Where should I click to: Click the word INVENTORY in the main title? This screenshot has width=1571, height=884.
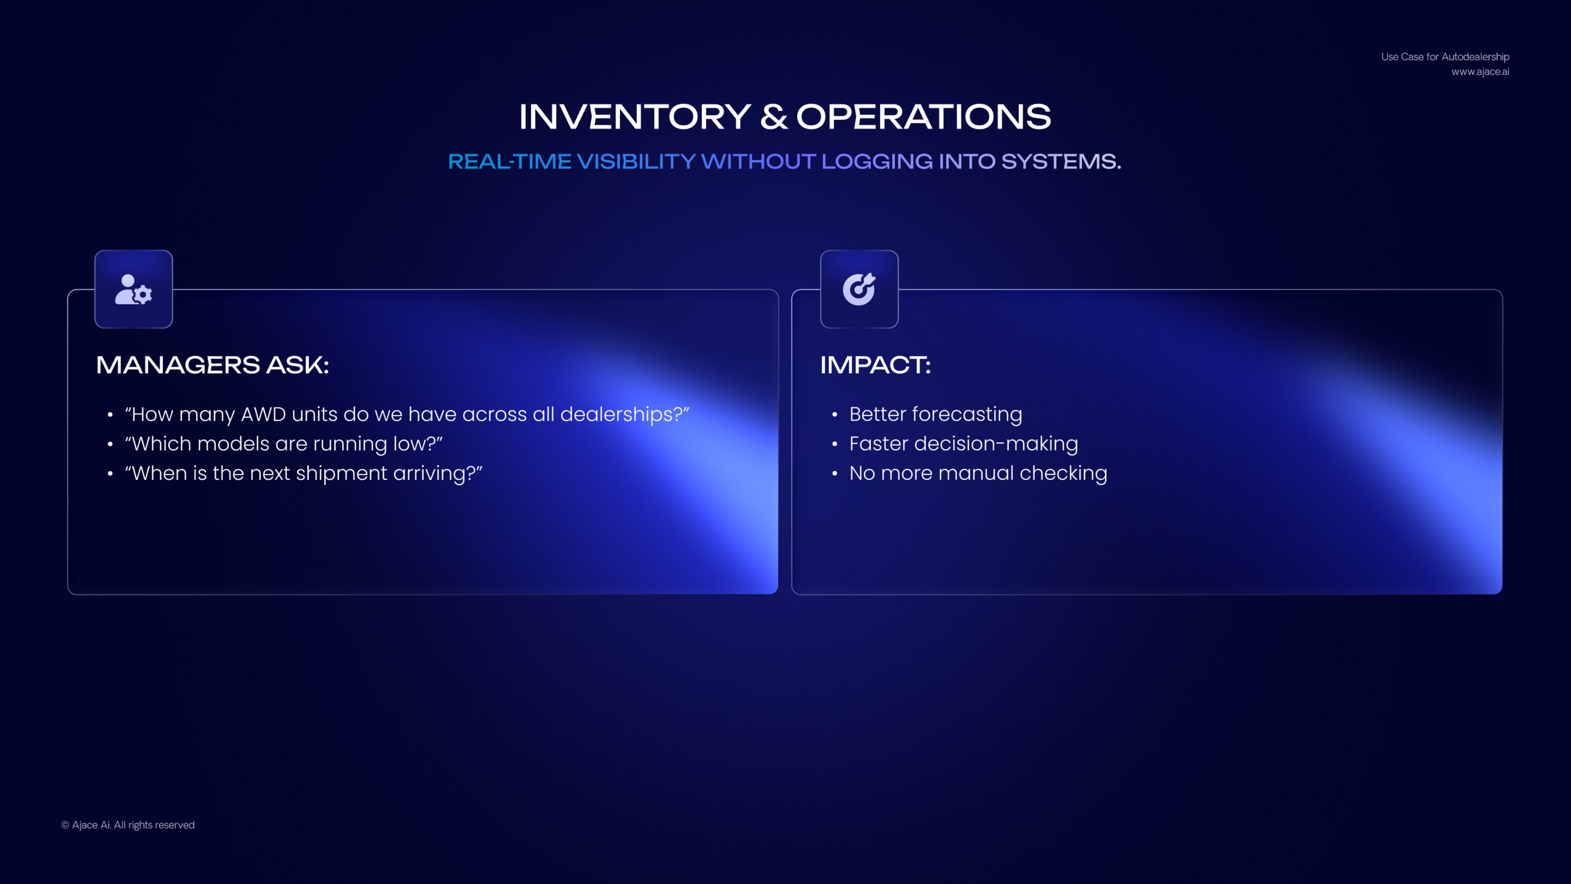pos(635,117)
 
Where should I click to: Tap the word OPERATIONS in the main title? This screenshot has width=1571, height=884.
pos(924,117)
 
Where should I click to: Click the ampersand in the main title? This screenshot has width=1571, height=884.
pos(774,117)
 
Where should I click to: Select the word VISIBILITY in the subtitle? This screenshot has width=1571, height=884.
pos(636,161)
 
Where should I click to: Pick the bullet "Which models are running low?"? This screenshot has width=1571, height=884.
pos(284,444)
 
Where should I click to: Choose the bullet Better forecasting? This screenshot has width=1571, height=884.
pos(936,414)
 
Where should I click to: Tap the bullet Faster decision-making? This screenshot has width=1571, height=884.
pos(963,444)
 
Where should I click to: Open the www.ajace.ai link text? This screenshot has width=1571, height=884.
pos(1480,72)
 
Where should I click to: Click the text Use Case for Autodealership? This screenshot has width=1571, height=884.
pos(1445,57)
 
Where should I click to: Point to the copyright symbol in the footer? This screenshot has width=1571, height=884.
pos(65,825)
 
